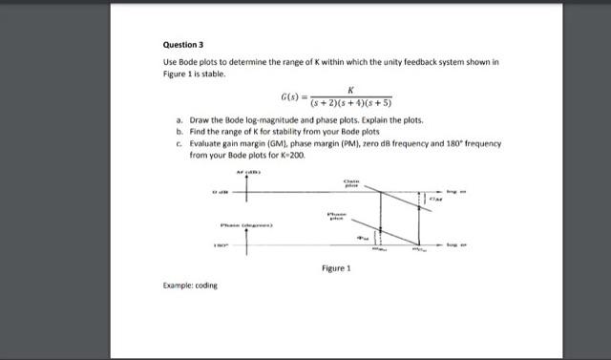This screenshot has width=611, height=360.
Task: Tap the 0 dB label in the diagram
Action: click(219, 193)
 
